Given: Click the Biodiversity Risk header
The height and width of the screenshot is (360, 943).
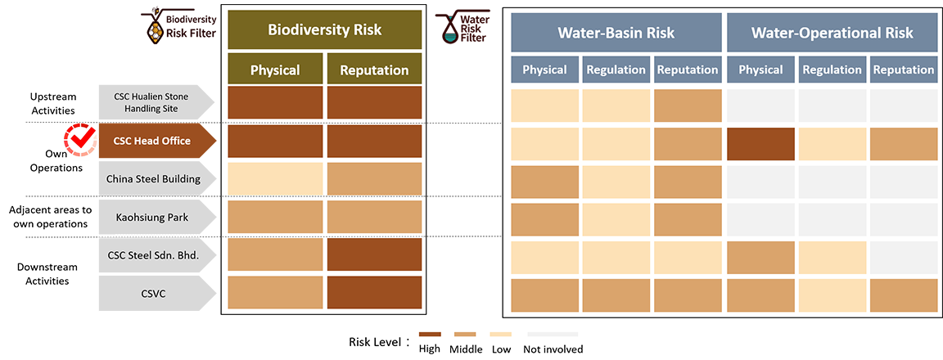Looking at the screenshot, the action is (x=325, y=30).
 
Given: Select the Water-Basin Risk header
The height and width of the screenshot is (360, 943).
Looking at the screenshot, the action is (x=616, y=33).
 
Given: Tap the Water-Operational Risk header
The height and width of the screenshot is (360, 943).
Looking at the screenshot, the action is (x=832, y=33).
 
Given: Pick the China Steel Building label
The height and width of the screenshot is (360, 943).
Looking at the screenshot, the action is (x=153, y=178).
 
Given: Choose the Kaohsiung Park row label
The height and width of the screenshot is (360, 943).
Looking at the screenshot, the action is (x=153, y=217).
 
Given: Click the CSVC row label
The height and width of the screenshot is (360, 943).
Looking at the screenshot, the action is (x=153, y=294).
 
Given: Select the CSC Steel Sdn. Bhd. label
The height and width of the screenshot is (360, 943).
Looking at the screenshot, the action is (x=153, y=255).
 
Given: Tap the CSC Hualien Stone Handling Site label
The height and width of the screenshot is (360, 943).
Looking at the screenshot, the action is (x=153, y=102).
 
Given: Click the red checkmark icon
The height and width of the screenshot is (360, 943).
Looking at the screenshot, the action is (x=80, y=139).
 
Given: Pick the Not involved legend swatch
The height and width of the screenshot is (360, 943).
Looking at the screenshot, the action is (x=553, y=334).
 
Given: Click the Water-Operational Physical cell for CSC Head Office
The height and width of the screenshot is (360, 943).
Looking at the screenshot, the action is (x=760, y=144).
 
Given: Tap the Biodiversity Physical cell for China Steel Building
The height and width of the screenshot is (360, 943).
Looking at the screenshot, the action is (x=276, y=178).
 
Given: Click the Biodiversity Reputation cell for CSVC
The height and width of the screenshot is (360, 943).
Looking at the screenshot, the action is (x=374, y=294).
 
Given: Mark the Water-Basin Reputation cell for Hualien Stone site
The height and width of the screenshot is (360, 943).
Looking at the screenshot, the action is (x=688, y=106).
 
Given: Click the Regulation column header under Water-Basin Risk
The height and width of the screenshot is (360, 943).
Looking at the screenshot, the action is (x=616, y=70).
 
